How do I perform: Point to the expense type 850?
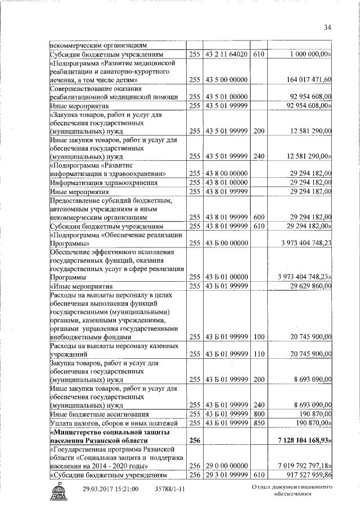click(x=259, y=422)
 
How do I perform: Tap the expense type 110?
click(x=259, y=354)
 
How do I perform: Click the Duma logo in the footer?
click(x=58, y=492)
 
